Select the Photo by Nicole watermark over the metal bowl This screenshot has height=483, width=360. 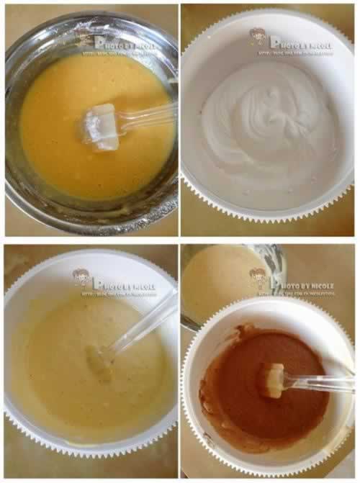click(x=125, y=43)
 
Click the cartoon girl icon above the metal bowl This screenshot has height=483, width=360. click(x=86, y=39)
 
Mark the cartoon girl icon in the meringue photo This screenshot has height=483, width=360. click(x=257, y=35)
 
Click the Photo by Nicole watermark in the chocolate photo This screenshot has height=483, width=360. click(x=301, y=285)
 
